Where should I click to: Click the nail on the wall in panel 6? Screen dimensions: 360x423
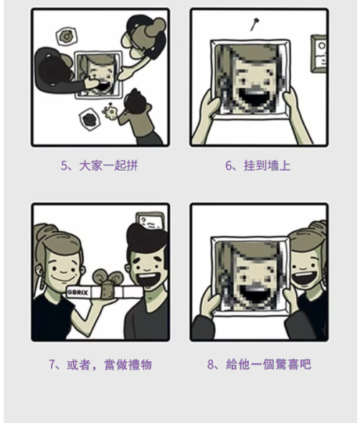point(254,24)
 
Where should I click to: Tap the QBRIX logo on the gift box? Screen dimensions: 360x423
point(77,293)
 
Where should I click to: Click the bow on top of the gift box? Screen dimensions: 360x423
point(108,278)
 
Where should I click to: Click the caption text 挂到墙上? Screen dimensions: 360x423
point(267,166)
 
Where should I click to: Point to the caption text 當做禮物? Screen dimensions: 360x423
point(128,365)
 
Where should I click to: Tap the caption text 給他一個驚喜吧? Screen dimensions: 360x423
point(268,364)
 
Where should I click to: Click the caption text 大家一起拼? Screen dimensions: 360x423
point(108,166)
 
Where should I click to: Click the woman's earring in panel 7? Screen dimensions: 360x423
point(42,281)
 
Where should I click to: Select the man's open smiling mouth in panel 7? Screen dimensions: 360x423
point(148,279)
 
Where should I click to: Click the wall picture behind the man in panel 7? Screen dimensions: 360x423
point(151,221)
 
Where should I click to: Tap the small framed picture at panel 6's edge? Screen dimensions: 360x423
point(319,54)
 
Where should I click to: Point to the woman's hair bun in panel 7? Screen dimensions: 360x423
point(43,232)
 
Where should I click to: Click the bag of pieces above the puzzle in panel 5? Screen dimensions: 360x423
point(66,36)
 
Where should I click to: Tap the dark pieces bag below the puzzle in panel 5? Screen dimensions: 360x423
point(89,119)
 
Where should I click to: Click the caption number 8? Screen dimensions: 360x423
point(211,364)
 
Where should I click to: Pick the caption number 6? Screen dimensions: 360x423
point(228,166)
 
